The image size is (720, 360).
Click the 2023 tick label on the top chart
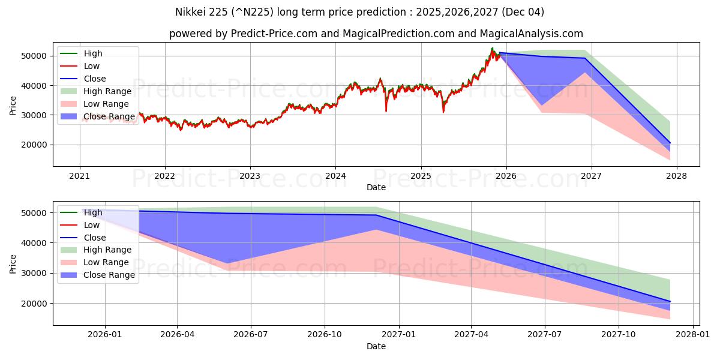[250, 176]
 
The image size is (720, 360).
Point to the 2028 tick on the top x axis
[677, 176]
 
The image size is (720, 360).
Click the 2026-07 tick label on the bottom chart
[251, 335]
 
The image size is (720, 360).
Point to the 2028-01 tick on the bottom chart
[692, 335]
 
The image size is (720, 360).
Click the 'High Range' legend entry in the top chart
[107, 91]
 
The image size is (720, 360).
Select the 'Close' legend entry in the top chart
[95, 79]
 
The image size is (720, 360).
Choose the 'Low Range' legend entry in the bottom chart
[106, 263]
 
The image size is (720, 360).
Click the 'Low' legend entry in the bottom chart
[92, 225]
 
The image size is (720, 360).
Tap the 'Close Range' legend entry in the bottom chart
[109, 275]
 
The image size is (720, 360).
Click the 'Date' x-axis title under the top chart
[376, 187]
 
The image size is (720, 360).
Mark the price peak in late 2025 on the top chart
[492, 49]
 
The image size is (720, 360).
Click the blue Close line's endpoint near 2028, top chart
[670, 143]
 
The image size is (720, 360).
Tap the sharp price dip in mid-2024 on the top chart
[386, 110]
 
